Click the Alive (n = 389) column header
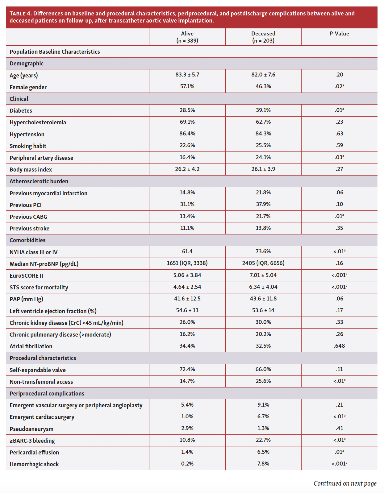pos(187,37)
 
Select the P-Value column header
pos(339,34)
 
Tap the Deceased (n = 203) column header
pos(263,37)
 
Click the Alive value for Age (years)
pos(187,75)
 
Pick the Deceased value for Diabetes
pos(263,110)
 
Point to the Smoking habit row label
pos(28,146)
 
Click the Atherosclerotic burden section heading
pos(39,181)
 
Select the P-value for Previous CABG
pos(339,216)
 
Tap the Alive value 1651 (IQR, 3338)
pos(187,263)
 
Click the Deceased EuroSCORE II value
pos(263,275)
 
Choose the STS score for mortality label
pos(39,287)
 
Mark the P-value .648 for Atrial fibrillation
pos(339,346)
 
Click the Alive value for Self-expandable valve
pos(187,369)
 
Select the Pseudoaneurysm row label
pos(31,429)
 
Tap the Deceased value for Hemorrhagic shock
pos(263,464)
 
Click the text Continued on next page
pos(345,483)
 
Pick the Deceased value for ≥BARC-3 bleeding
pos(263,440)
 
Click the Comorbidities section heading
pos(27,240)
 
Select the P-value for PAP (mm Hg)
pos(339,299)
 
